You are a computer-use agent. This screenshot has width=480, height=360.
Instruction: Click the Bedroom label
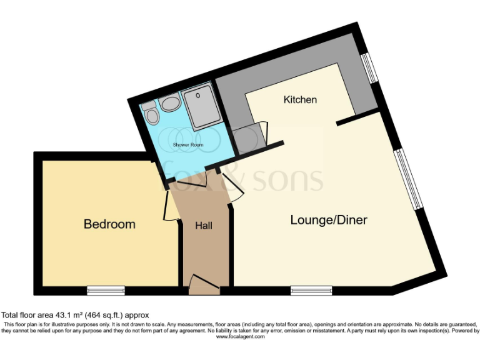click(x=109, y=224)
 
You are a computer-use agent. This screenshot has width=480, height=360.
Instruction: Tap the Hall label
click(x=204, y=225)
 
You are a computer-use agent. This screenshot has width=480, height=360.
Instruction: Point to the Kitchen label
click(x=300, y=100)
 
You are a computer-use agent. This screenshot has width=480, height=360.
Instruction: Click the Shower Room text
click(x=188, y=145)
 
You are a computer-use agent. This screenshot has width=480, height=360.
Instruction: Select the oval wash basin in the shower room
click(x=169, y=102)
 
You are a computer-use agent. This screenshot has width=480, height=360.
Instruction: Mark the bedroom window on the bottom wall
click(x=106, y=290)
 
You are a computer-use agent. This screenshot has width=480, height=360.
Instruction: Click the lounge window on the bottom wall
click(x=311, y=290)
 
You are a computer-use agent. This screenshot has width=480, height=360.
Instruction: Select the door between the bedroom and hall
click(x=170, y=206)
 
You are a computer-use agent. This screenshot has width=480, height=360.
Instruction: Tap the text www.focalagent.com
click(x=240, y=336)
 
